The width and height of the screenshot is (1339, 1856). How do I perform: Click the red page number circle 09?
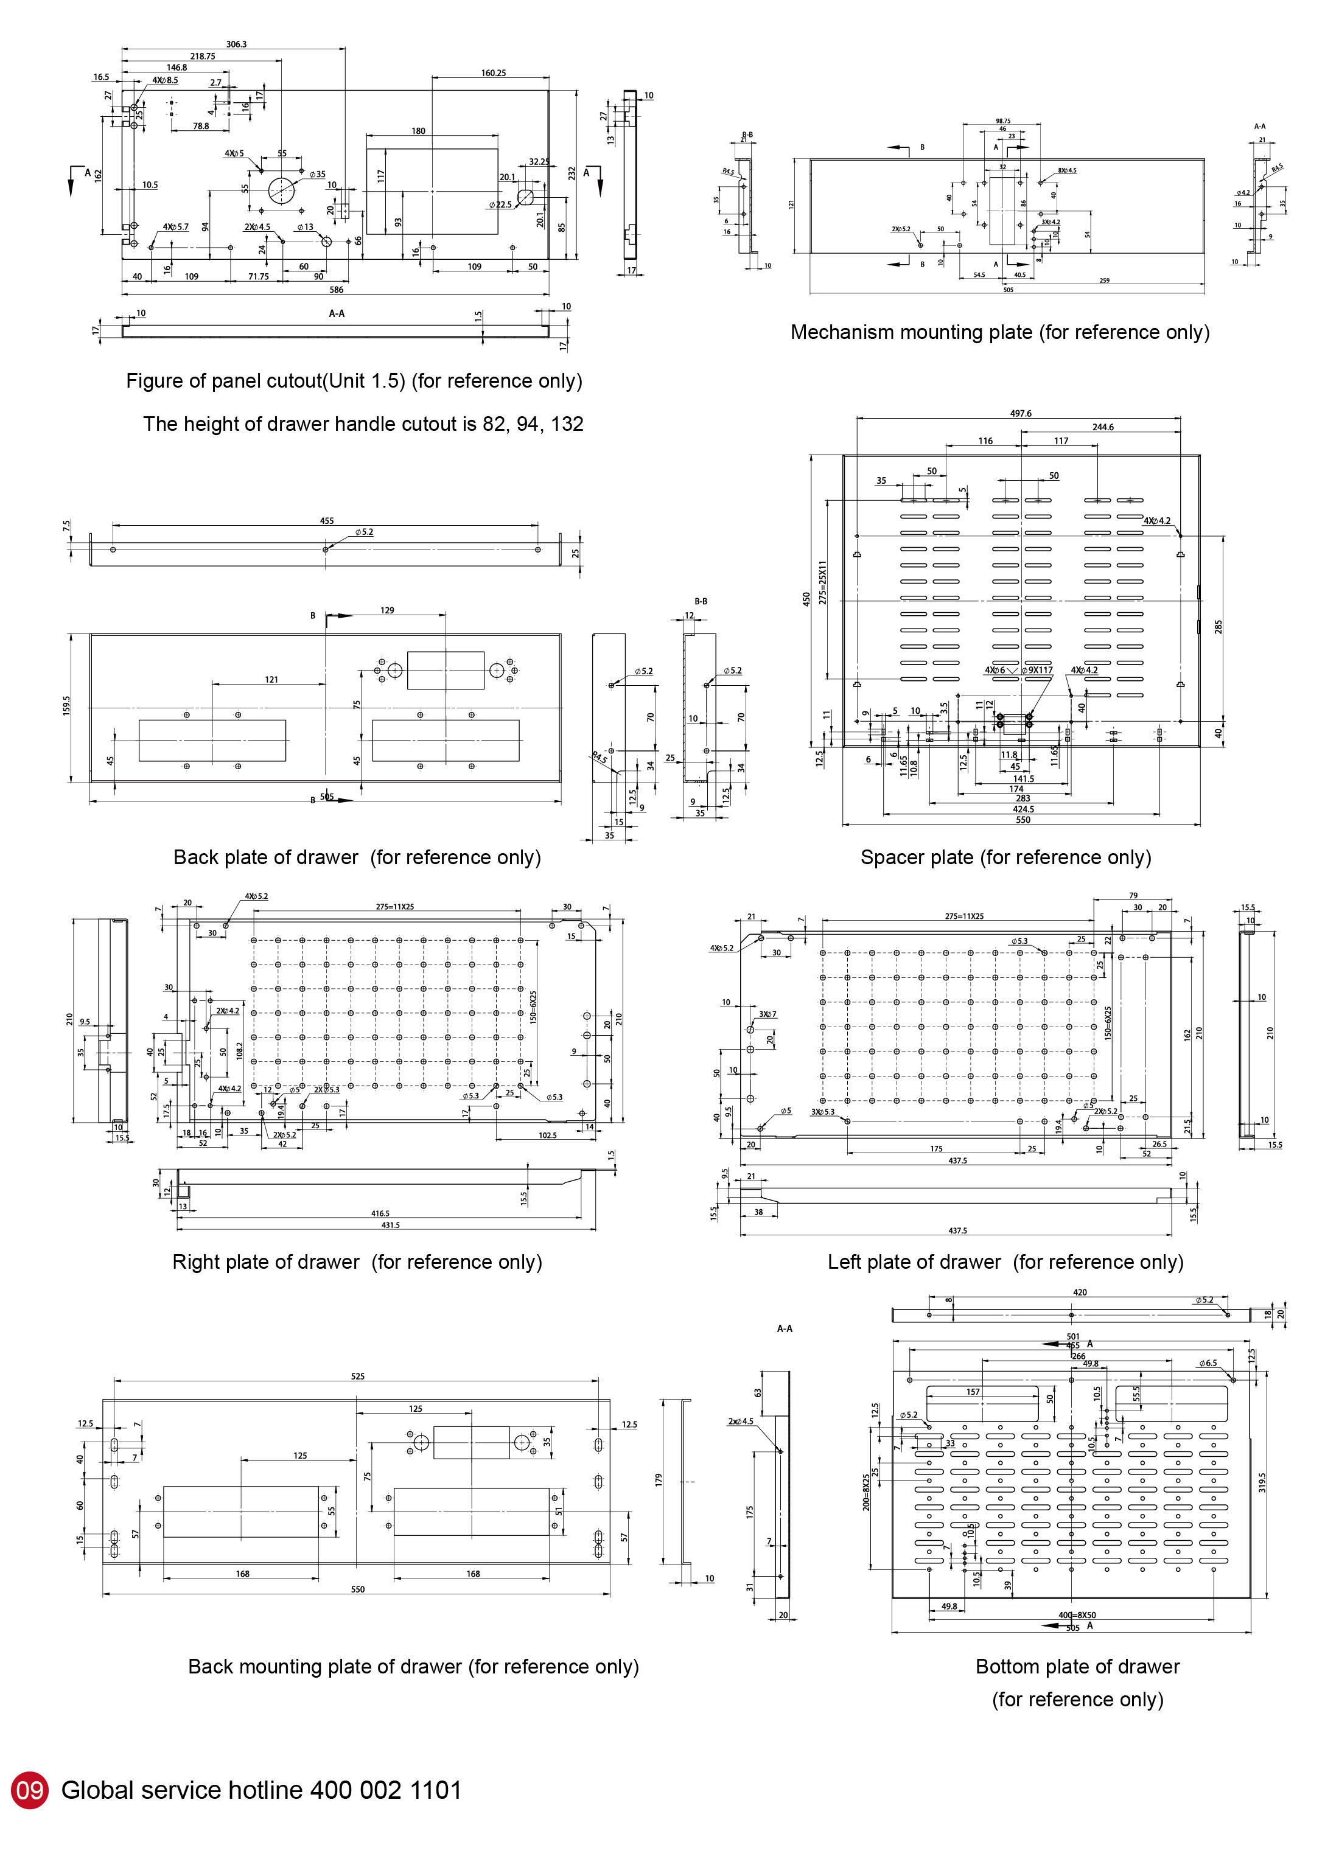(x=29, y=1790)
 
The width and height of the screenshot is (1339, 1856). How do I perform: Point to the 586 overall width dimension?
(x=337, y=290)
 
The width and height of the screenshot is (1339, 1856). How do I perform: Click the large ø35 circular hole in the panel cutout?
(x=281, y=190)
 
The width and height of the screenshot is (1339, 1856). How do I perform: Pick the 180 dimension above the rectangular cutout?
(x=418, y=131)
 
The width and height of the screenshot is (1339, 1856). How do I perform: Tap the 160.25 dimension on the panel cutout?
(x=494, y=73)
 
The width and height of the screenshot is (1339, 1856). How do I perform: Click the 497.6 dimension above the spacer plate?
(x=1021, y=413)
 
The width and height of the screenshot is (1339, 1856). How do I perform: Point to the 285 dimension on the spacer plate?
(x=1218, y=627)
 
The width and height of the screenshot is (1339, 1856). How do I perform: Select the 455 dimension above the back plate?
(x=327, y=520)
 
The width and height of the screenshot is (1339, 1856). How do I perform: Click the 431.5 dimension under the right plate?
(x=390, y=1225)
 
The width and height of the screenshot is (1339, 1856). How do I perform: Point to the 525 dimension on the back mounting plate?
(x=358, y=1376)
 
